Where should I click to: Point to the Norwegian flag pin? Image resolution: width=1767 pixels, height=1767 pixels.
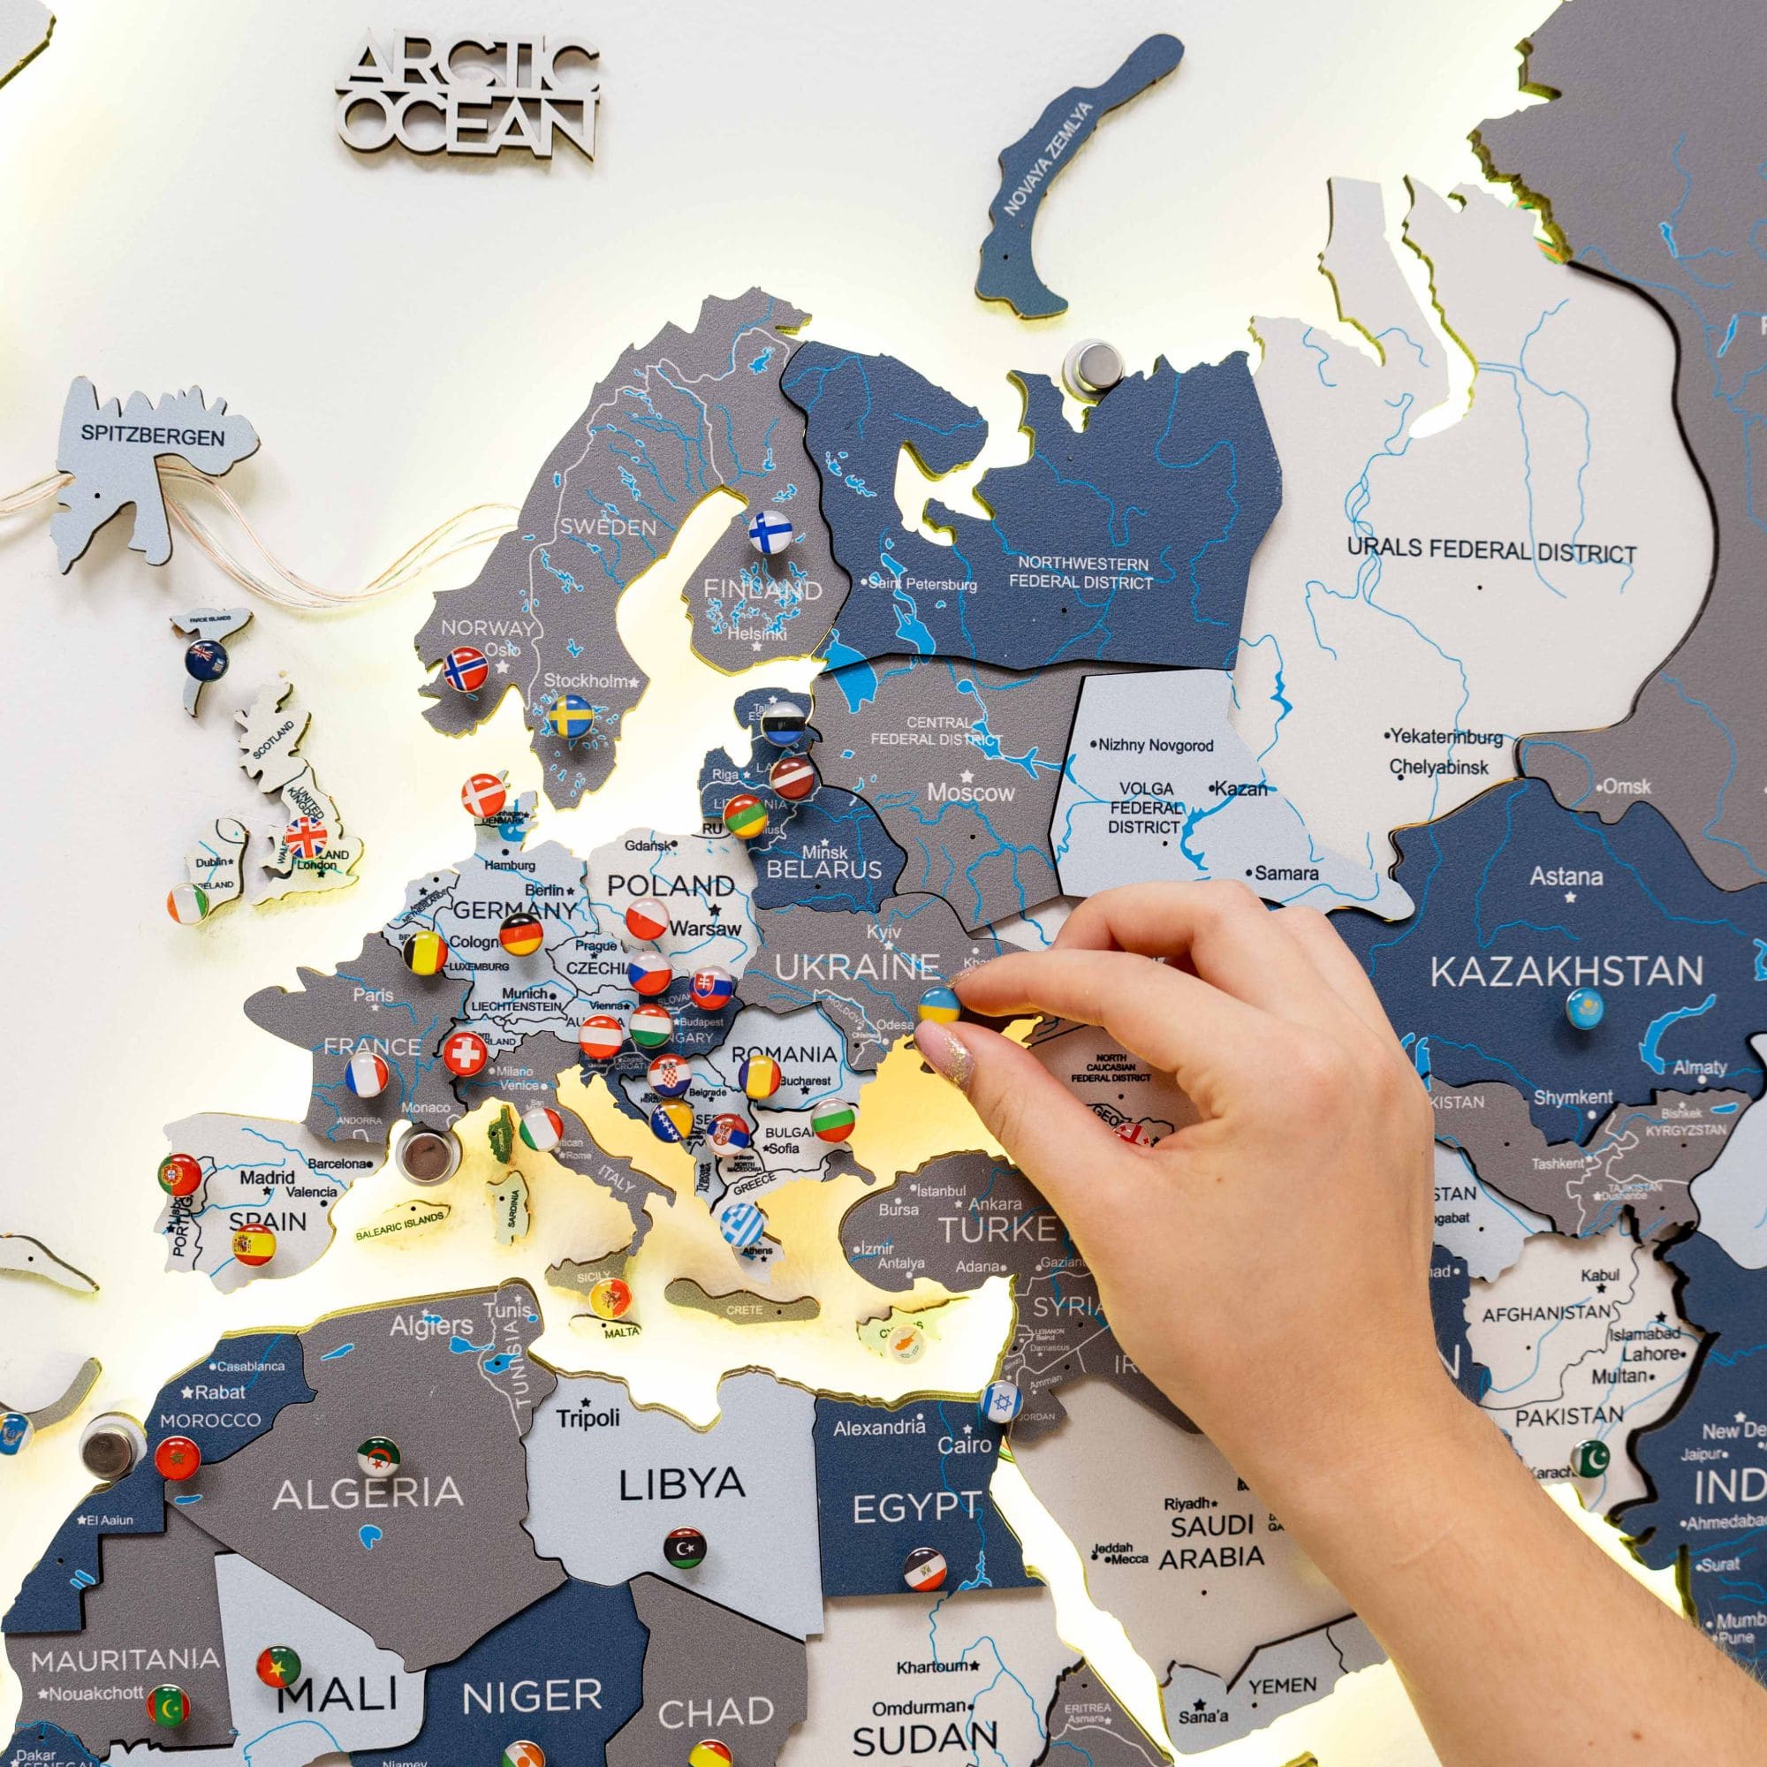tap(466, 669)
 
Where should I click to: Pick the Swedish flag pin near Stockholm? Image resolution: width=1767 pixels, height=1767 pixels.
tap(571, 717)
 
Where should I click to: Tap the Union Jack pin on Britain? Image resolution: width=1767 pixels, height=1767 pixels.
tap(306, 836)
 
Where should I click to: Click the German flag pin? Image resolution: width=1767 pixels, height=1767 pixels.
tap(521, 934)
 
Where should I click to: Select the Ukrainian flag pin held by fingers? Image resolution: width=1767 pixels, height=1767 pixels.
tap(941, 1005)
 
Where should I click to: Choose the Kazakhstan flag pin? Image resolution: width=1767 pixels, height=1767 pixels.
tap(1583, 1007)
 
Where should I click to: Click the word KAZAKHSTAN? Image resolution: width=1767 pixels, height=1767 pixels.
tap(1566, 970)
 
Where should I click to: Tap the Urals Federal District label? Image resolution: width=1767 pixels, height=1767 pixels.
tap(1491, 550)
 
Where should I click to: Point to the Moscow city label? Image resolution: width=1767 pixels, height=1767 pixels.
tap(970, 792)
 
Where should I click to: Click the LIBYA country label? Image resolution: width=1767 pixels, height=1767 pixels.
tap(680, 1484)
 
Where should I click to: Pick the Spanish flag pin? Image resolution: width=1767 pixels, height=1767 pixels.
tap(254, 1245)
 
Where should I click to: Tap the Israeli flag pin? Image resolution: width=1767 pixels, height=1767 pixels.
tap(998, 1400)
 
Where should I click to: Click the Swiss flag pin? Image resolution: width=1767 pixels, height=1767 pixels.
tap(466, 1053)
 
